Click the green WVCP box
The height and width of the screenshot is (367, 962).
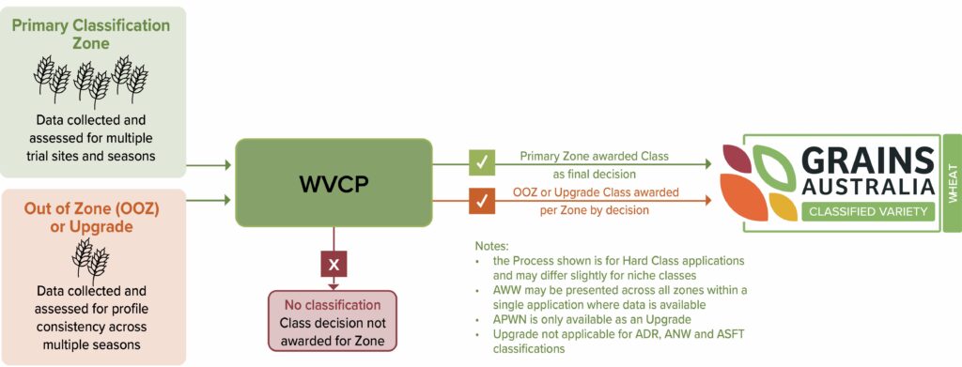tap(333, 182)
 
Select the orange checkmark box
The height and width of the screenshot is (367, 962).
tap(482, 200)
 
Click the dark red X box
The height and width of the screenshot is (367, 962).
tap(333, 265)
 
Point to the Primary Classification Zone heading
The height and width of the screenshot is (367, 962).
tap(92, 33)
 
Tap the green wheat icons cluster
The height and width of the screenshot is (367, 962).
tap(92, 80)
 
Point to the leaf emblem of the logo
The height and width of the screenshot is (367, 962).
tap(757, 182)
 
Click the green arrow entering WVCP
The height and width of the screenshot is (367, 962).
tap(209, 165)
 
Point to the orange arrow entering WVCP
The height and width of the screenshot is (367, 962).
tap(209, 199)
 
